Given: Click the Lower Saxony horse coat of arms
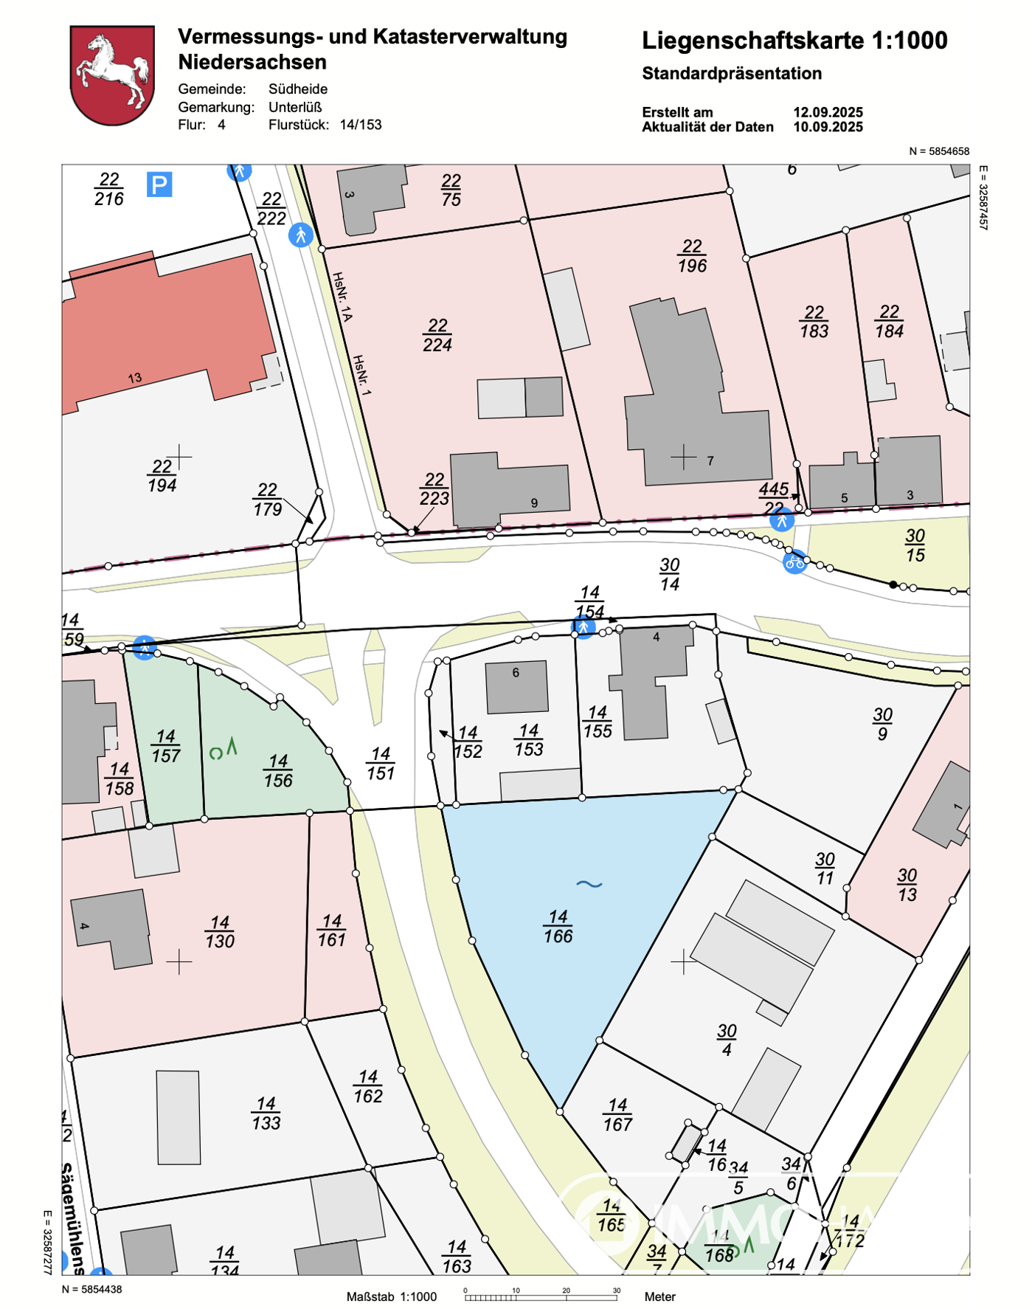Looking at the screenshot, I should click(x=112, y=75).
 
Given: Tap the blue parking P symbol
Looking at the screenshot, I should click(x=159, y=184).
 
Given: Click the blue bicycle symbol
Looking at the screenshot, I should click(x=794, y=563).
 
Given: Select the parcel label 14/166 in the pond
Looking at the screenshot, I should click(x=558, y=927).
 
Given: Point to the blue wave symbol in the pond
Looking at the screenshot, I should click(x=589, y=883).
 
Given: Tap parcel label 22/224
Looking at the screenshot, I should click(x=437, y=335).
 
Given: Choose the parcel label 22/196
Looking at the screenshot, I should click(x=692, y=256).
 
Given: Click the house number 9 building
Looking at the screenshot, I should click(x=509, y=488).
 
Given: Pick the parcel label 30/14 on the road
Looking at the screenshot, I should click(x=670, y=574).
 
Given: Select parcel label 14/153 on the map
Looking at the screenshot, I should click(x=529, y=740).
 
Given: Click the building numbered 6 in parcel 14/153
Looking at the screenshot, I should click(x=516, y=686).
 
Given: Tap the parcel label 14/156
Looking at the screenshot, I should click(x=278, y=770).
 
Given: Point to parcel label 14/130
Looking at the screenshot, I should click(x=220, y=932).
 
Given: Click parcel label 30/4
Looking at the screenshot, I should click(x=727, y=1040).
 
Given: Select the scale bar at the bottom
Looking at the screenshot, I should click(x=541, y=1296).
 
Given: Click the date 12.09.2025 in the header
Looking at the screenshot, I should click(x=828, y=112).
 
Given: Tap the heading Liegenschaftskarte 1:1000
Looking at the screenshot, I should click(x=794, y=41).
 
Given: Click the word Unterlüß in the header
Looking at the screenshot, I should click(x=295, y=107).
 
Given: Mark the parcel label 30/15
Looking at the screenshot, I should click(x=915, y=545).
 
